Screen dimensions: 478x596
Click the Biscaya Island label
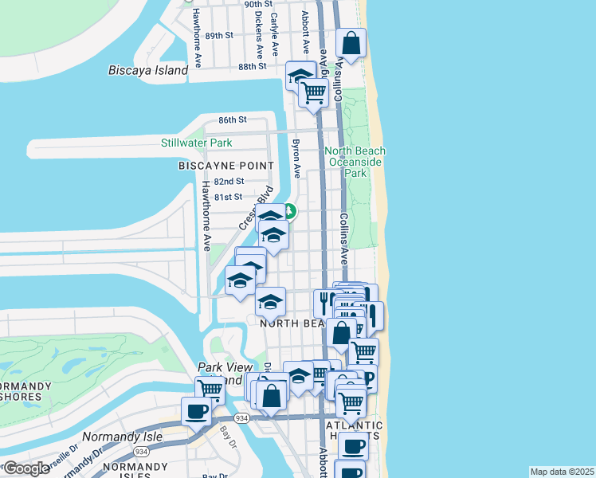point(148,70)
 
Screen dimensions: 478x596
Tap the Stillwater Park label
point(196,143)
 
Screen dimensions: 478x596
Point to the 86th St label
point(233,119)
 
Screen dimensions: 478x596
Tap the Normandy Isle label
point(124,437)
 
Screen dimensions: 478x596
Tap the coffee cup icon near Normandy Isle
point(196,410)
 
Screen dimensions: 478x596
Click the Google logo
point(26,468)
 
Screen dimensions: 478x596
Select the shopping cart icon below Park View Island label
point(210,389)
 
